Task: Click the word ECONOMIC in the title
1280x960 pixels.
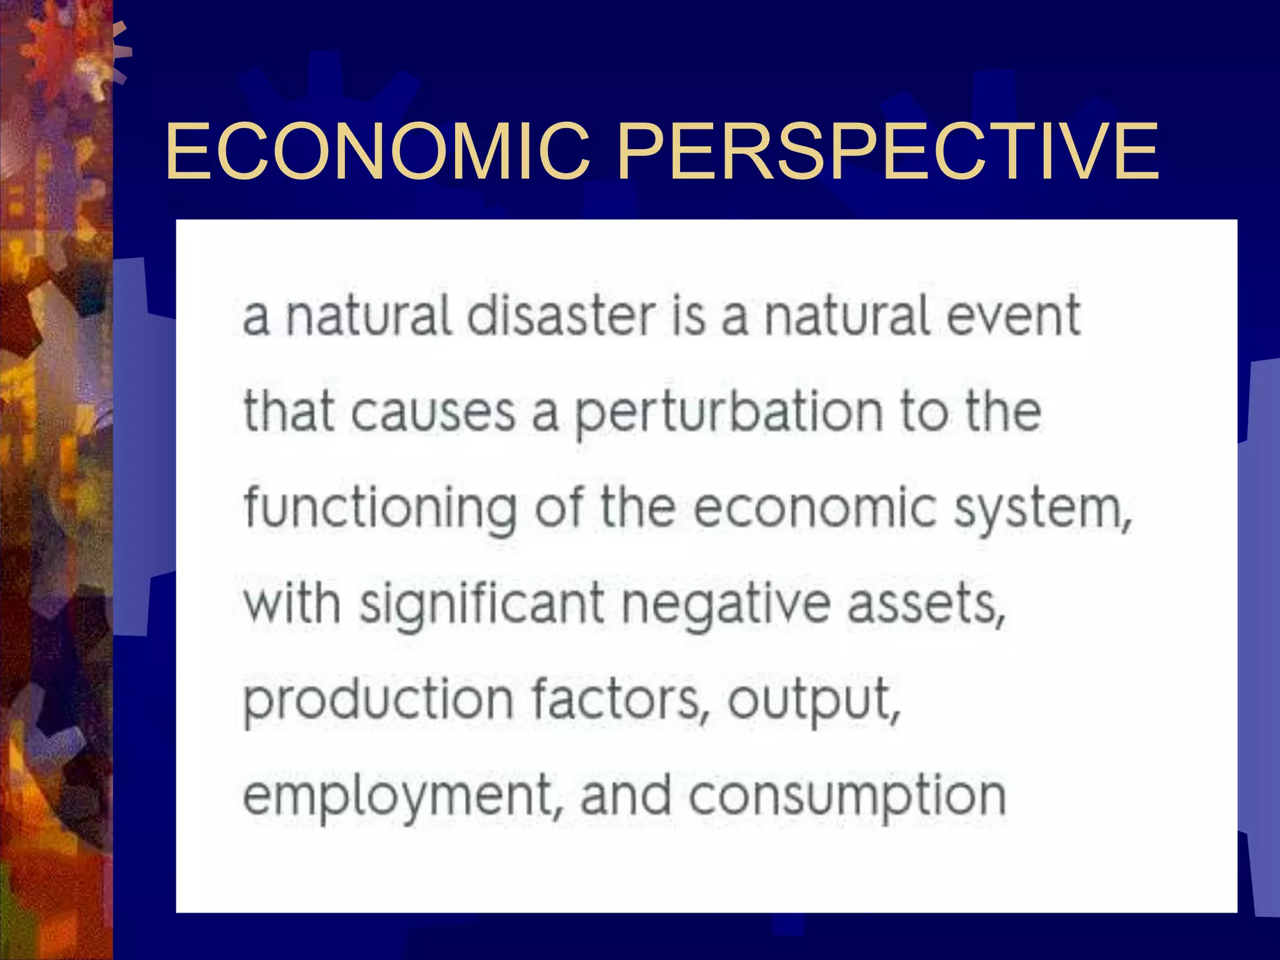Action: (378, 151)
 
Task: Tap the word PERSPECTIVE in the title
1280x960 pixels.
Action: (887, 151)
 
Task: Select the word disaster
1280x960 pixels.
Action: (561, 316)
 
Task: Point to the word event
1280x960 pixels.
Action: (1013, 316)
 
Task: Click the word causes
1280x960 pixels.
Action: (432, 412)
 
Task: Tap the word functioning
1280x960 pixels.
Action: (380, 509)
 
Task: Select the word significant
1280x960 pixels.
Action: (482, 605)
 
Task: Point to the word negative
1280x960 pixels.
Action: (726, 605)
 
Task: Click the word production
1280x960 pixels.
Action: (378, 700)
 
